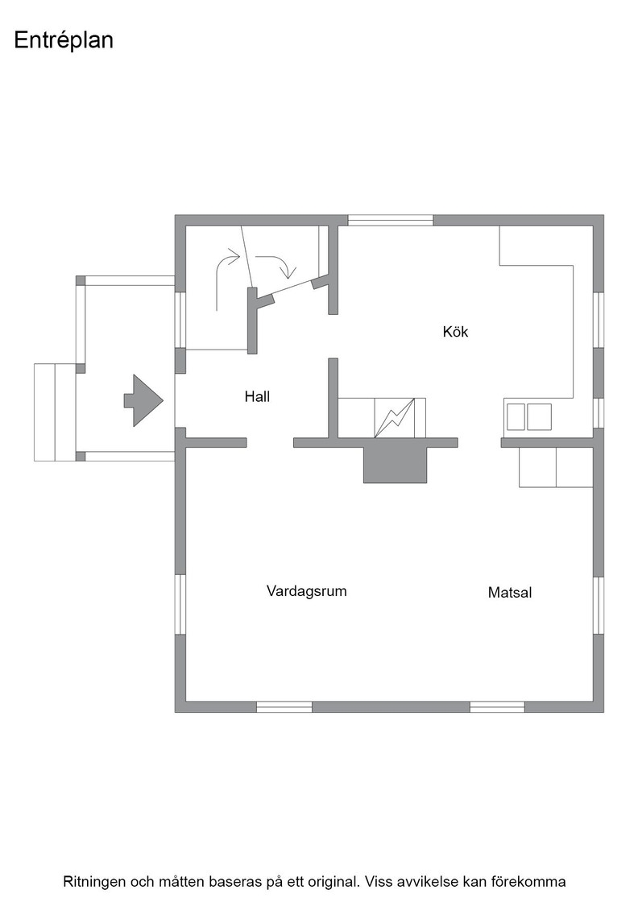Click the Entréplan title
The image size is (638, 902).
tap(64, 40)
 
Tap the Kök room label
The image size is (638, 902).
tap(455, 331)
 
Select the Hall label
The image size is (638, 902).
tap(257, 396)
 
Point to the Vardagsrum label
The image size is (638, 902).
tap(307, 591)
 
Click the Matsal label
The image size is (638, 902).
tap(510, 593)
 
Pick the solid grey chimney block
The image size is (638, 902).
tap(396, 465)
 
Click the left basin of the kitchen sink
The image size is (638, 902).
tap(516, 417)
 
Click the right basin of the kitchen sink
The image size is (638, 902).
tap(540, 417)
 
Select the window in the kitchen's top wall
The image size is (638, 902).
tap(391, 221)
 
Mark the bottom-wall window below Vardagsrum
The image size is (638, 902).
tap(284, 707)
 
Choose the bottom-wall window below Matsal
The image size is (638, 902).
tap(497, 707)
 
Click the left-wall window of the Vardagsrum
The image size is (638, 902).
tap(180, 605)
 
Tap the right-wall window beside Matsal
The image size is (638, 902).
tap(599, 605)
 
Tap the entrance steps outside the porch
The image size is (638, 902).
tap(55, 412)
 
